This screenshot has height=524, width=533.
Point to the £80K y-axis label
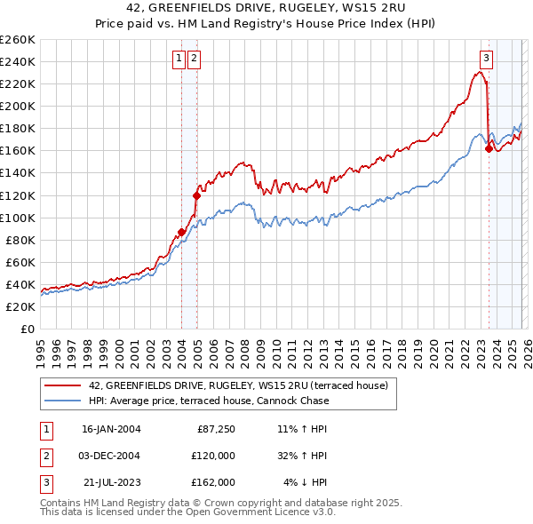pos(20,240)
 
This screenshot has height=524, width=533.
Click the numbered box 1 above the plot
pos(179,60)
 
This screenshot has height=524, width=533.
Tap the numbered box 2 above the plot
pos(194,60)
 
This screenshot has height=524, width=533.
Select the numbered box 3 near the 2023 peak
pos(487,60)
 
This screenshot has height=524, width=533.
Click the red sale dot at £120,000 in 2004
pos(196,195)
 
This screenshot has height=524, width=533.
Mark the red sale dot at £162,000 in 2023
pos(489,148)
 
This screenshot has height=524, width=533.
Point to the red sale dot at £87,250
pos(182,231)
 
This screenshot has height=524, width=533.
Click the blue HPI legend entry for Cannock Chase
pos(209,401)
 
